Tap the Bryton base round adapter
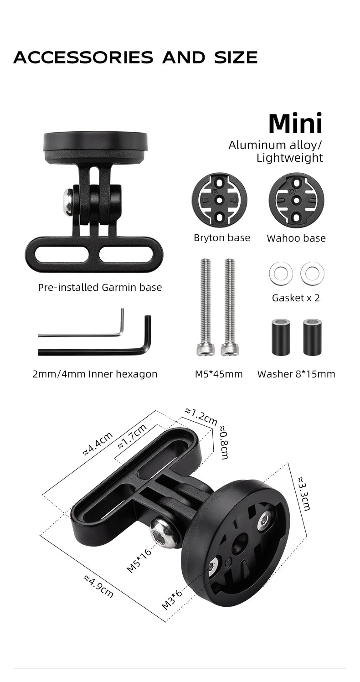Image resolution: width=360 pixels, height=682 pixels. click(x=219, y=200)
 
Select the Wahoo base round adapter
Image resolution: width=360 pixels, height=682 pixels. click(x=296, y=200)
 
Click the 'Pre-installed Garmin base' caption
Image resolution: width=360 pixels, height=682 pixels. click(x=100, y=287)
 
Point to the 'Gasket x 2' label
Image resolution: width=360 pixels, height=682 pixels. click(x=296, y=298)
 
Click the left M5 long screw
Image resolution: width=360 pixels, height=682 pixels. click(x=206, y=307)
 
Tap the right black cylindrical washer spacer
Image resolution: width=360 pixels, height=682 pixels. click(x=312, y=337)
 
